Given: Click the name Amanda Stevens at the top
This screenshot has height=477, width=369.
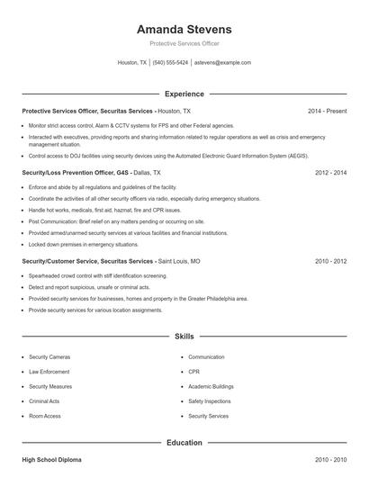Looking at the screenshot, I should pyautogui.click(x=184, y=30).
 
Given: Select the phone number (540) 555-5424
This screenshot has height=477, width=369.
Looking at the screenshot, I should pyautogui.click(x=170, y=63).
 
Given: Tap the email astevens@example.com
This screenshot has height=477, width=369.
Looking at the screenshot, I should pyautogui.click(x=222, y=63).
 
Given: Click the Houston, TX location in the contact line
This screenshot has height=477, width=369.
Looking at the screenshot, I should pyautogui.click(x=132, y=63).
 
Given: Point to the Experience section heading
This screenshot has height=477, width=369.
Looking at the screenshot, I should pyautogui.click(x=184, y=94).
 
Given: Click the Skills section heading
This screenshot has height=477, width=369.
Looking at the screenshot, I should pyautogui.click(x=184, y=336).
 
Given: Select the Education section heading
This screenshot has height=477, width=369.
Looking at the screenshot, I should pyautogui.click(x=184, y=443).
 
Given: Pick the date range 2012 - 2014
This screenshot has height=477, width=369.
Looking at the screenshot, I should pyautogui.click(x=330, y=172).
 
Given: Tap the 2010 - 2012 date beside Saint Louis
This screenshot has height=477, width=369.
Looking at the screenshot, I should pyautogui.click(x=330, y=260).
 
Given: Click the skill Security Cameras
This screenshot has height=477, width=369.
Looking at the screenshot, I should pyautogui.click(x=49, y=357).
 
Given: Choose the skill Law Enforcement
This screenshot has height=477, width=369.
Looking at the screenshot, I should pyautogui.click(x=49, y=372).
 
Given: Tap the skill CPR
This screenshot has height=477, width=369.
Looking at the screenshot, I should pyautogui.click(x=193, y=372).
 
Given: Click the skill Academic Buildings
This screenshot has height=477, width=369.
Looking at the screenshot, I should pyautogui.click(x=211, y=387).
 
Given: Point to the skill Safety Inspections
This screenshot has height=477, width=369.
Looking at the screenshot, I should pyautogui.click(x=209, y=401).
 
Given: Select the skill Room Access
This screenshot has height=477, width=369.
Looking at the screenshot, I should pyautogui.click(x=45, y=417).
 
